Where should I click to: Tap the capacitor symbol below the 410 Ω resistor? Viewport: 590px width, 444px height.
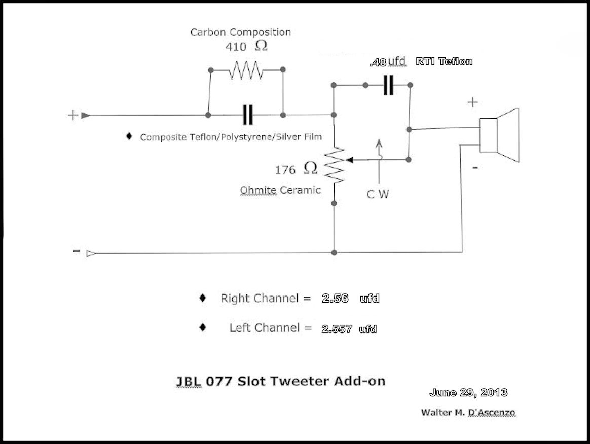[x=247, y=115]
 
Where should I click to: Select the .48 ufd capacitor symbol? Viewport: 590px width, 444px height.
[x=388, y=85]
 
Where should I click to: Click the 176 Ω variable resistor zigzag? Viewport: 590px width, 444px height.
[x=335, y=165]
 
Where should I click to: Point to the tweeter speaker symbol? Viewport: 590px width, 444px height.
[x=499, y=135]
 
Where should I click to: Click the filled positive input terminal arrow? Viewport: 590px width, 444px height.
[x=86, y=116]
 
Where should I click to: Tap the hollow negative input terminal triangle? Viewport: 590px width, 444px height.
[x=91, y=253]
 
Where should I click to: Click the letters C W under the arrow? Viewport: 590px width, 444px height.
[x=378, y=194]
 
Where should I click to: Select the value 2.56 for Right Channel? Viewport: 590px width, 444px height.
[x=335, y=299]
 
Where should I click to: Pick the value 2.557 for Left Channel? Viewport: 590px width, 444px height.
[x=337, y=329]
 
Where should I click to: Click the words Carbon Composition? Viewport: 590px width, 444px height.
[x=241, y=32]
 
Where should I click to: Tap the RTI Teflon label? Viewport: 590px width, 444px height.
[x=444, y=62]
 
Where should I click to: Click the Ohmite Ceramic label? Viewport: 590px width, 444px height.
[x=280, y=190]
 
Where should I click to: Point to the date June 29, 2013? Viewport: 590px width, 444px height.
[x=468, y=392]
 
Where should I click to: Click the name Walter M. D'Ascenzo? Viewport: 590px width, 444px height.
[x=468, y=412]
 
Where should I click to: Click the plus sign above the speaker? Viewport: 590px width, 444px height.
[x=472, y=102]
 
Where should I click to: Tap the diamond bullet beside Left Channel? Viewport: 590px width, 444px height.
[x=203, y=328]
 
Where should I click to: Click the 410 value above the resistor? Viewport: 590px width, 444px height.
[x=236, y=47]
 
